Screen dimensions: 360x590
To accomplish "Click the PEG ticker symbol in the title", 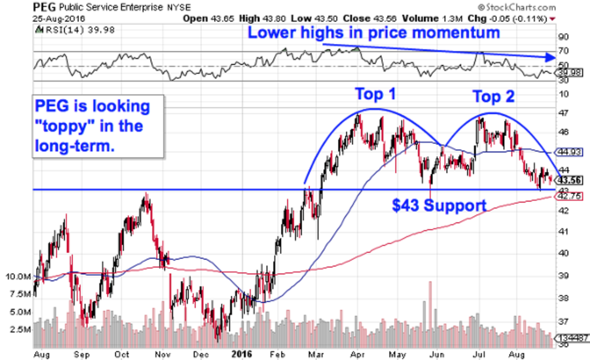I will [43, 7].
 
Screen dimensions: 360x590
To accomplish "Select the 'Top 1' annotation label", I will [376, 93].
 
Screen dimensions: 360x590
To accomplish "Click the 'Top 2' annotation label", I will [494, 96].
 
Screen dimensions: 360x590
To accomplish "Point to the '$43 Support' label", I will [439, 206].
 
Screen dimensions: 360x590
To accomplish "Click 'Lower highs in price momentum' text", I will [373, 33].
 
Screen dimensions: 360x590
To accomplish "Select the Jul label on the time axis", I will [477, 353].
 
